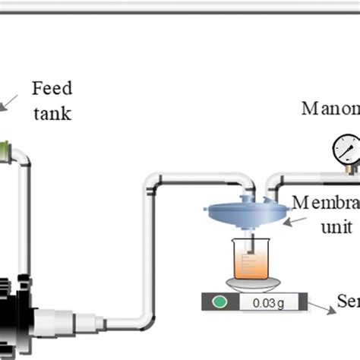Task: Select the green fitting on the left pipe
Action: [x=6, y=147]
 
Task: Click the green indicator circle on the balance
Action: [x=220, y=302]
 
